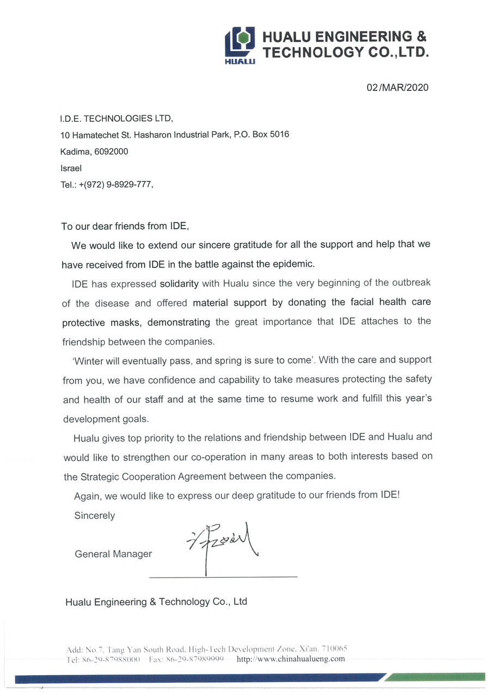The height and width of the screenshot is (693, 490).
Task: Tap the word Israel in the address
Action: [x=71, y=169]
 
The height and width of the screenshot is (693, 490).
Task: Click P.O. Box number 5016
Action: [x=279, y=134]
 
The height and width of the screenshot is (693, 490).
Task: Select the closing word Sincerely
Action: [x=94, y=515]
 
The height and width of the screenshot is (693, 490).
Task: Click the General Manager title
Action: [x=113, y=554]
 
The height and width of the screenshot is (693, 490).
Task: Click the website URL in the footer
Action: [x=291, y=659]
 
